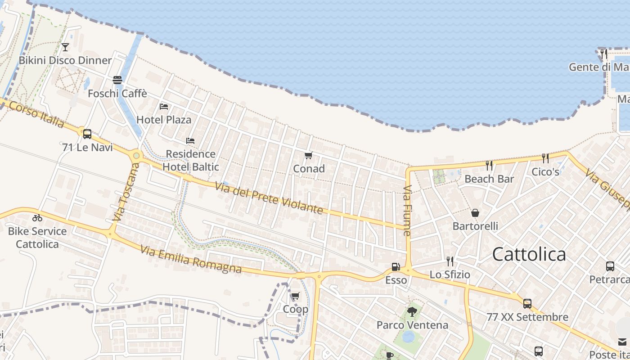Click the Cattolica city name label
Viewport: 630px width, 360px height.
click(529, 254)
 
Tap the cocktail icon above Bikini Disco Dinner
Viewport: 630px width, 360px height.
click(65, 47)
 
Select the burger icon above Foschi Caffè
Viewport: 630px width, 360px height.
click(117, 80)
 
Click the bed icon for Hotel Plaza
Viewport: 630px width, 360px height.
click(164, 107)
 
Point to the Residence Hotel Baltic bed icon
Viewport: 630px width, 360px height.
click(190, 141)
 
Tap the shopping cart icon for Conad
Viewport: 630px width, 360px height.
click(309, 156)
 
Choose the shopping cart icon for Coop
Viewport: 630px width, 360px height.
click(295, 296)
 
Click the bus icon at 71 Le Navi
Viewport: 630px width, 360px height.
click(87, 134)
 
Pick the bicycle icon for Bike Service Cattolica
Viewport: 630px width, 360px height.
click(37, 218)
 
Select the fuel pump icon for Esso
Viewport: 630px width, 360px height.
click(396, 267)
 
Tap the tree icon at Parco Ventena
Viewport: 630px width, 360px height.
click(412, 311)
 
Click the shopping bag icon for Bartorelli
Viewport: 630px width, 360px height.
click(475, 213)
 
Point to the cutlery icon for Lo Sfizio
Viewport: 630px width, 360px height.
click(450, 261)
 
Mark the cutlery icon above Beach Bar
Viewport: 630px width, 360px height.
click(489, 165)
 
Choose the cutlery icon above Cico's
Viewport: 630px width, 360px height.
click(545, 158)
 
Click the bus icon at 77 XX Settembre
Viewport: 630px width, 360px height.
click(527, 304)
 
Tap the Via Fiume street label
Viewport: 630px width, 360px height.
click(407, 211)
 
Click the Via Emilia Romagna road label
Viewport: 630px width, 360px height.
click(191, 259)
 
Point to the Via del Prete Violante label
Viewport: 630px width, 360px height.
click(269, 198)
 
